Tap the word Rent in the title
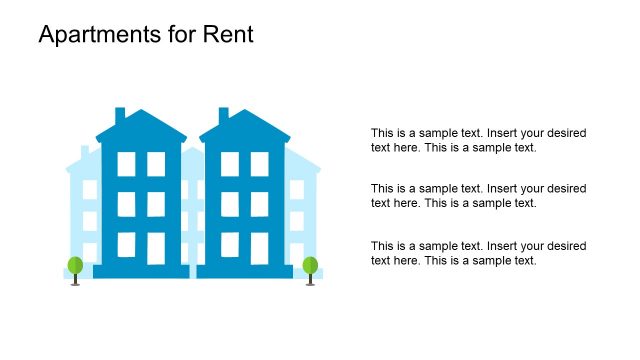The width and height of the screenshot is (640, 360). pyautogui.click(x=228, y=35)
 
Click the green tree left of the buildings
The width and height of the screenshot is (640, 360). pyautogui.click(x=75, y=266)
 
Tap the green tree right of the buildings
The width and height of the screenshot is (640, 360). pyautogui.click(x=310, y=266)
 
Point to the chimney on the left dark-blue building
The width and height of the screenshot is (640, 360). pyautogui.click(x=120, y=116)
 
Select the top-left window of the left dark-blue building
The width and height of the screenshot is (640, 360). pyautogui.click(x=126, y=164)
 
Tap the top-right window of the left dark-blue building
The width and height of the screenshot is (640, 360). pyautogui.click(x=156, y=164)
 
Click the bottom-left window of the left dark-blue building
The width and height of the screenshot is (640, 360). pyautogui.click(x=126, y=246)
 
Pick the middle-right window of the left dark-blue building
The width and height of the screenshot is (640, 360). pyautogui.click(x=156, y=204)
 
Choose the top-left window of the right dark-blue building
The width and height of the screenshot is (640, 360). pyautogui.click(x=230, y=164)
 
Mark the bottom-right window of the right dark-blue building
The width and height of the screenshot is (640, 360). pyautogui.click(x=260, y=247)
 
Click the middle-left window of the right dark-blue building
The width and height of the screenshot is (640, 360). pyautogui.click(x=230, y=204)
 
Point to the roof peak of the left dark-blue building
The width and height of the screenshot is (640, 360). pyautogui.click(x=141, y=112)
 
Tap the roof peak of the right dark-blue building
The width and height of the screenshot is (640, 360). pyautogui.click(x=245, y=112)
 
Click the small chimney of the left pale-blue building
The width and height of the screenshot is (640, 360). pyautogui.click(x=85, y=151)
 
